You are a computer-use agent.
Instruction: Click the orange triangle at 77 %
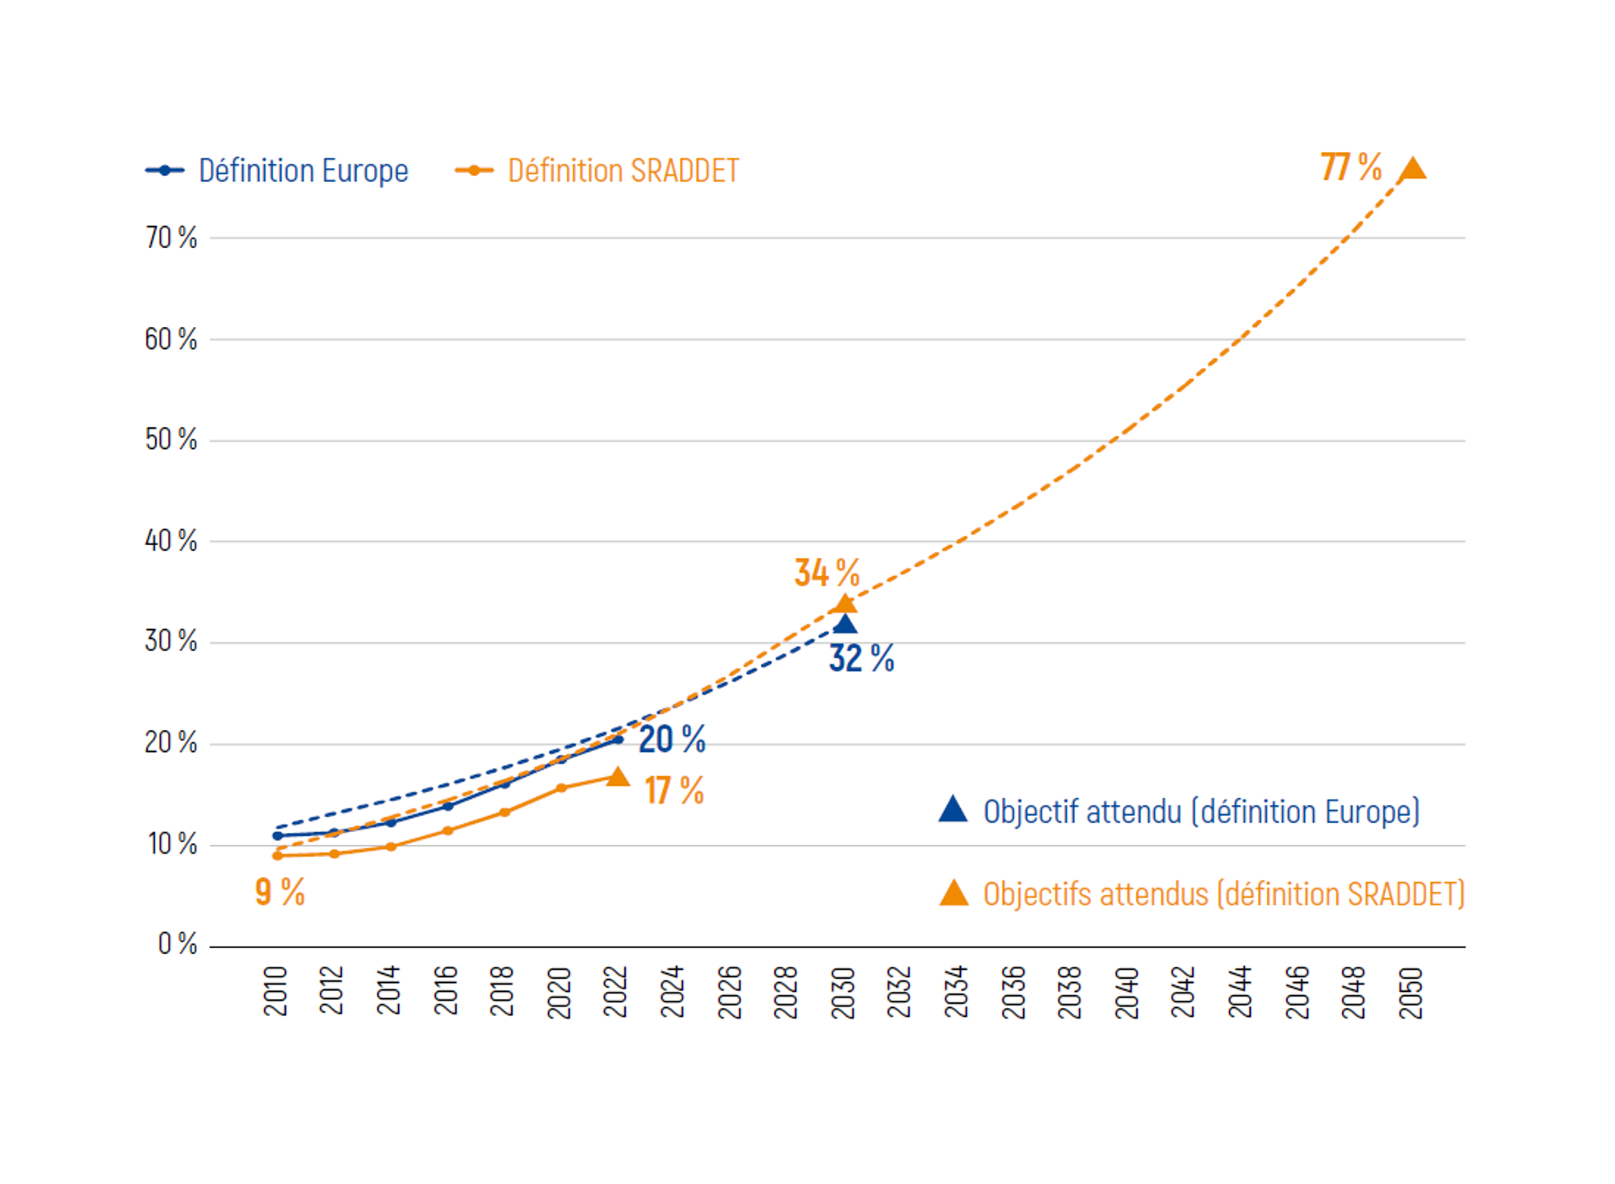pyautogui.click(x=1412, y=168)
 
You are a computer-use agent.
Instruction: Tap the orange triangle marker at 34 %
pyautogui.click(x=845, y=603)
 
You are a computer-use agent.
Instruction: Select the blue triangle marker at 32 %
pyautogui.click(x=845, y=623)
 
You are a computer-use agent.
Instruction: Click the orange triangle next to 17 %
pyautogui.click(x=618, y=777)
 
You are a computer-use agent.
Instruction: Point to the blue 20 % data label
pyautogui.click(x=672, y=739)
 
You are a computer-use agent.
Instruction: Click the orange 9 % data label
pyautogui.click(x=279, y=892)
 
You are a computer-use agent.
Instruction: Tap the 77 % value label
pyautogui.click(x=1351, y=167)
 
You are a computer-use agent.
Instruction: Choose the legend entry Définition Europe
pyautogui.click(x=277, y=170)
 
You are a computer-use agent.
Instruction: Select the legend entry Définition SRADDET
pyautogui.click(x=597, y=170)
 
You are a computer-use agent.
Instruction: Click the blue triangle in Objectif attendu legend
pyautogui.click(x=953, y=809)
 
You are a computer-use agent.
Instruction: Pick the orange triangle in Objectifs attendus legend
pyautogui.click(x=954, y=893)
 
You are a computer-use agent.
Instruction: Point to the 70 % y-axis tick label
pyautogui.click(x=171, y=237)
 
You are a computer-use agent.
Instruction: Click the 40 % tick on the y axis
pyautogui.click(x=171, y=540)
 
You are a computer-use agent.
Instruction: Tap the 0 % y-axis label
pyautogui.click(x=178, y=943)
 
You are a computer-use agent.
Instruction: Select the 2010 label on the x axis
pyautogui.click(x=275, y=991)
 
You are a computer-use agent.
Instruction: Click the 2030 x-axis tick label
pyautogui.click(x=843, y=993)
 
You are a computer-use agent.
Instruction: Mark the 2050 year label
pyautogui.click(x=1411, y=993)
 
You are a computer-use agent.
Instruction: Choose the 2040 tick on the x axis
pyautogui.click(x=1126, y=993)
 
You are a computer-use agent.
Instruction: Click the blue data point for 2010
pyautogui.click(x=278, y=836)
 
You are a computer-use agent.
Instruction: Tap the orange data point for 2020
pyautogui.click(x=561, y=788)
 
